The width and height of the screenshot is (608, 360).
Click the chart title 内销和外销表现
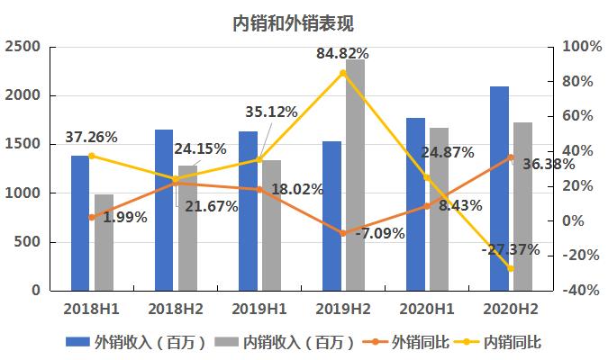[291, 20]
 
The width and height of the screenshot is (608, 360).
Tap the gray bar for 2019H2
[355, 175]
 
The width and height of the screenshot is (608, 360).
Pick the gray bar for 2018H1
[104, 242]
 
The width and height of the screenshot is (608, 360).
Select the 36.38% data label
[551, 165]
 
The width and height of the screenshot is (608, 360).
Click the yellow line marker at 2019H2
[342, 73]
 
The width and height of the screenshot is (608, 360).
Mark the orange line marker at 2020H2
[511, 157]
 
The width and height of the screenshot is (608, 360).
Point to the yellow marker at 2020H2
[511, 268]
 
